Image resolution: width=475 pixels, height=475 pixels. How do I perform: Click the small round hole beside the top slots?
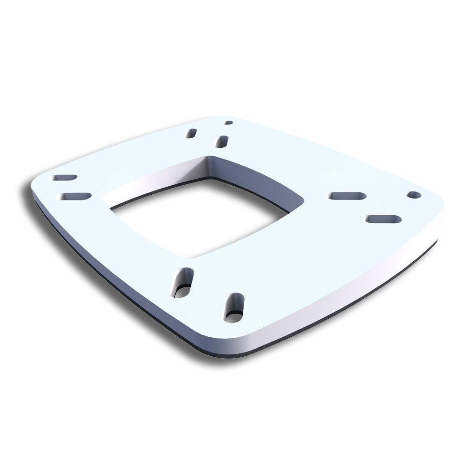pyautogui.click(x=228, y=123)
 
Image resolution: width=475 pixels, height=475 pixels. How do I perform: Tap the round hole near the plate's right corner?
pyautogui.click(x=414, y=195)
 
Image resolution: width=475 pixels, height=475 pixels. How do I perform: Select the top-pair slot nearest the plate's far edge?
pyautogui.click(x=191, y=133)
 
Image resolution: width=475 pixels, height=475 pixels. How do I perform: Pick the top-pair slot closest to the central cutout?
pyautogui.click(x=222, y=141)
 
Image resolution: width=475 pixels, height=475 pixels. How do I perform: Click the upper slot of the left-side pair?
pyautogui.click(x=65, y=178)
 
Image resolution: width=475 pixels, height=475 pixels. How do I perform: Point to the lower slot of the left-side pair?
pyautogui.click(x=74, y=196)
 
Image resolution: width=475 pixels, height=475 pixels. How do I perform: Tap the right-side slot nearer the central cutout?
pyautogui.click(x=347, y=196)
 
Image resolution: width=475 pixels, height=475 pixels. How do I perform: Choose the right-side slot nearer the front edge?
pyautogui.click(x=384, y=219)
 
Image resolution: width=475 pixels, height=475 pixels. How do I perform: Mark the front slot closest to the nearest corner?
pyautogui.click(x=234, y=307)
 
